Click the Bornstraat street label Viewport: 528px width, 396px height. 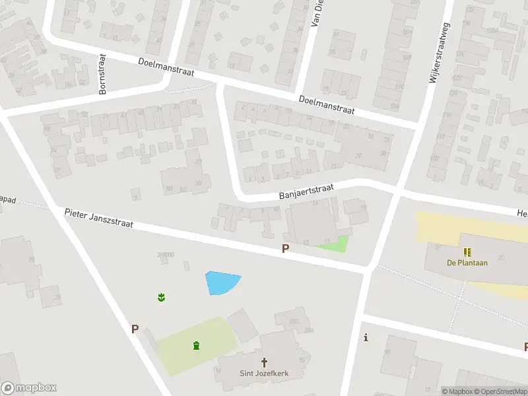coord(102,74)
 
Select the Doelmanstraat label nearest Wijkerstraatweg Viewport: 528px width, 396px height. coord(327,104)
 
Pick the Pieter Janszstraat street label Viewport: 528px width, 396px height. coord(99,218)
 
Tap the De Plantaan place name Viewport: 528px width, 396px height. coord(467,263)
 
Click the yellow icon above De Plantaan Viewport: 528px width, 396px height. coord(467,251)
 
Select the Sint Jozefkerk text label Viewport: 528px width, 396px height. coord(264,374)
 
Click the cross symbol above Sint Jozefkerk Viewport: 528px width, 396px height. coord(265,362)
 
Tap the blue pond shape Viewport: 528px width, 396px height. coord(221,282)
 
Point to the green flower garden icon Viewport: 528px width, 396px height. coord(161,298)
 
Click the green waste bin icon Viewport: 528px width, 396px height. coord(196,345)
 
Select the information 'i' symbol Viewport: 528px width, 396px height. coord(366,338)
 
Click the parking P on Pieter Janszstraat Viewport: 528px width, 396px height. coord(286,249)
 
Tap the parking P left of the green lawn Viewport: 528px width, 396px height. coord(135,329)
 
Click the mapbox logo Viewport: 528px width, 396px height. coord(29,388)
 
